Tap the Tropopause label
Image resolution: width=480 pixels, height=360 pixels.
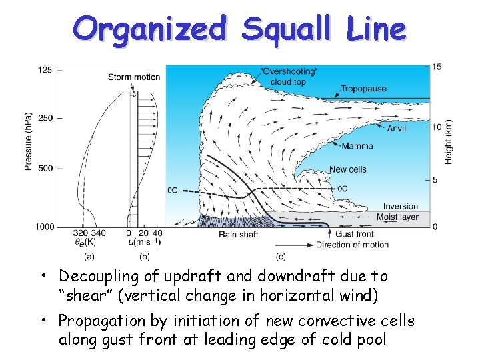tap(363, 89)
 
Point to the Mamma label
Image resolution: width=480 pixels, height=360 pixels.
tap(357, 146)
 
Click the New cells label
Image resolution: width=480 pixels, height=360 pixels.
tap(348, 169)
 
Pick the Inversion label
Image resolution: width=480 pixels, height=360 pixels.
tap(401, 207)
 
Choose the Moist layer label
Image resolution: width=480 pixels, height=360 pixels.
tap(397, 217)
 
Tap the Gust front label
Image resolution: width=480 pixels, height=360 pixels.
tap(354, 234)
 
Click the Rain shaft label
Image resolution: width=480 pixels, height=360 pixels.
tap(238, 234)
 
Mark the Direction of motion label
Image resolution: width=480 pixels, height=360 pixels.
tap(353, 245)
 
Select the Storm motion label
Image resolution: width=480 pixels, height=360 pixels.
tap(134, 77)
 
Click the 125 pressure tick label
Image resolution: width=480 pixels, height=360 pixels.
tap(45, 70)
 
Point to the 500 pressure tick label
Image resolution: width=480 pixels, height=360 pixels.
tap(45, 168)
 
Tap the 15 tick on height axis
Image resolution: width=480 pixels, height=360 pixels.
tap(437, 67)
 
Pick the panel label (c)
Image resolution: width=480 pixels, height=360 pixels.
tap(281, 257)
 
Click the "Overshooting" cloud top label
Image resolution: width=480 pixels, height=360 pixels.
tap(279, 76)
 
